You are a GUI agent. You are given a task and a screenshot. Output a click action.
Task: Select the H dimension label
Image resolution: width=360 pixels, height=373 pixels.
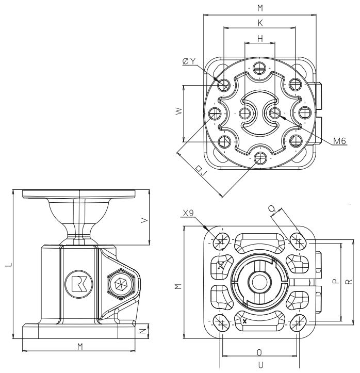point(260,39)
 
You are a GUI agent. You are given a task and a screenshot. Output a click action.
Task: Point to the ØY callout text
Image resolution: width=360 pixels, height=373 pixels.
point(189,61)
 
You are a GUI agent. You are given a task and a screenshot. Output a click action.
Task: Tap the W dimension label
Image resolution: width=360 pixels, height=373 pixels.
point(178,112)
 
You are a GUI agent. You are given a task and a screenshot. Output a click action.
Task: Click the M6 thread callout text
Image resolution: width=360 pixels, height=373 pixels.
point(339,141)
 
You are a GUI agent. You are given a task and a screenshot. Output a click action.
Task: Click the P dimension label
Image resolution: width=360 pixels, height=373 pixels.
point(335,282)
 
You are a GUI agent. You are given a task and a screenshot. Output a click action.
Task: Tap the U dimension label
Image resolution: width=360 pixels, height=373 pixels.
point(259,364)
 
